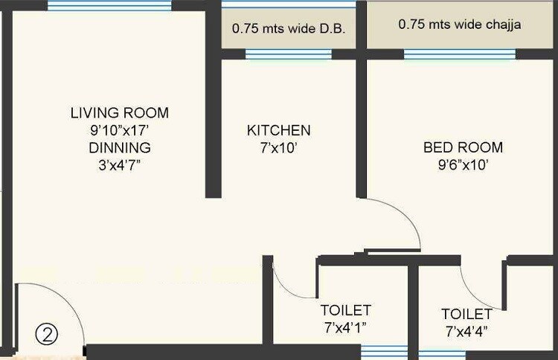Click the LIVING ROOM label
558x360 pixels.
tap(119, 113)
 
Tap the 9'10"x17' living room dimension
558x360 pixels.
tap(119, 130)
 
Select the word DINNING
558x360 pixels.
tap(119, 147)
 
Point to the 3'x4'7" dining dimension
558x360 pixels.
tap(119, 164)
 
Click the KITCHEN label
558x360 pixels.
tap(279, 131)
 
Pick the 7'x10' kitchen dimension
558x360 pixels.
tap(279, 148)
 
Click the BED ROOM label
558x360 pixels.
tap(463, 147)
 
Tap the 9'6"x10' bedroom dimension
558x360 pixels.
tap(463, 165)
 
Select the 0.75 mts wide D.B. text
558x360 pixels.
tap(289, 30)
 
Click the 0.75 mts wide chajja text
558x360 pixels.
tap(459, 25)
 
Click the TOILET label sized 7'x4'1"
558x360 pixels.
tap(345, 310)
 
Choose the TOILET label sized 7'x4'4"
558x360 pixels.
tap(466, 314)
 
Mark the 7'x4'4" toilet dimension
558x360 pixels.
tap(466, 330)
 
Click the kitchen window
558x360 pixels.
tap(288, 54)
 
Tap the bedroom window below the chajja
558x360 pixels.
tap(459, 54)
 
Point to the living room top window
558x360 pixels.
tap(109, 5)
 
